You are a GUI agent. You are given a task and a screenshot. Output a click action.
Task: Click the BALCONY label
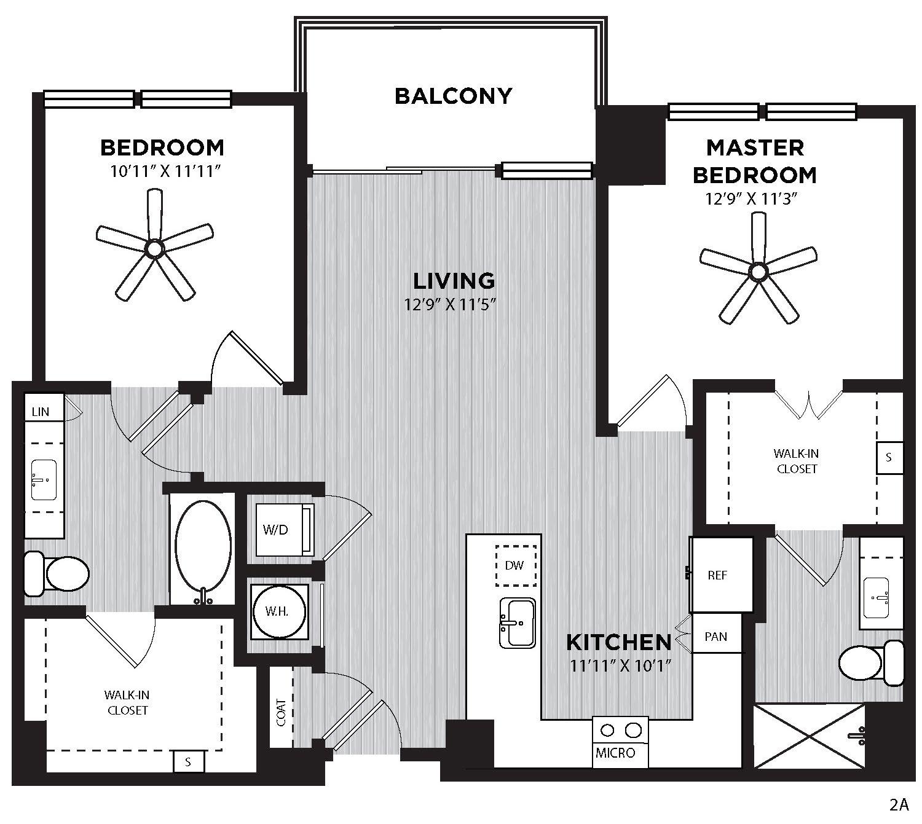(453, 96)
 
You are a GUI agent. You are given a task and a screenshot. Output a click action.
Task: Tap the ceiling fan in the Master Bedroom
(758, 272)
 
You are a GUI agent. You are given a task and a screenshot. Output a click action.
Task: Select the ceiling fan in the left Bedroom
(155, 248)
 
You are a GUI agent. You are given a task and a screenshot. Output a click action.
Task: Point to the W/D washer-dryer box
(285, 530)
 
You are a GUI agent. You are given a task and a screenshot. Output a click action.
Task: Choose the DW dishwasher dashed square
(516, 565)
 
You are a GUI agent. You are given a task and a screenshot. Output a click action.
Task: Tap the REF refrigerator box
(721, 575)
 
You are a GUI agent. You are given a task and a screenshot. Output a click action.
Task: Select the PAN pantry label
(715, 637)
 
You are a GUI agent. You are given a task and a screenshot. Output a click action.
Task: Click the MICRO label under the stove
(615, 753)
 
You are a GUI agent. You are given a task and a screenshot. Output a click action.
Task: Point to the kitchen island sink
(518, 623)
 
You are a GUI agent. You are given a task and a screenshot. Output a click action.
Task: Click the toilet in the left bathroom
(57, 573)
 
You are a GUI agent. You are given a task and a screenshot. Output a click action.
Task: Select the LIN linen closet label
(41, 412)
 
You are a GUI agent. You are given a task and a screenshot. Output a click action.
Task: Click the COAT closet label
(282, 713)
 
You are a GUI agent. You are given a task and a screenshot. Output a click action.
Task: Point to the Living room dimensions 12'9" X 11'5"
(449, 304)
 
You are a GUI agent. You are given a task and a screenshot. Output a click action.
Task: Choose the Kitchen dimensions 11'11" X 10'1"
(621, 665)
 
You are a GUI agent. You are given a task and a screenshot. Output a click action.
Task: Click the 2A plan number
(899, 805)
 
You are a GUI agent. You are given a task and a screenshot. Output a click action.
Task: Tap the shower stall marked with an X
(810, 736)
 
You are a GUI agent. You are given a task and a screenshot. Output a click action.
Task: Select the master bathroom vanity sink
(876, 598)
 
